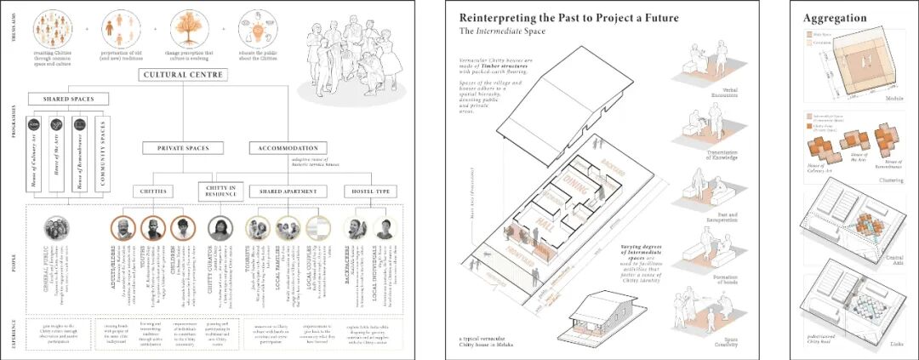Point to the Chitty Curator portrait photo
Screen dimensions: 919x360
[220, 228]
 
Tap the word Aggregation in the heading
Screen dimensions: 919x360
[835, 18]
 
